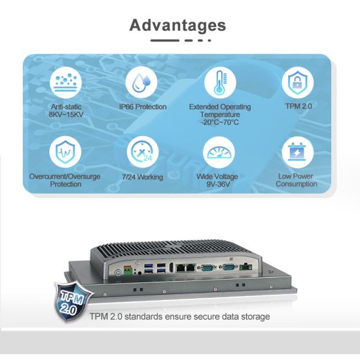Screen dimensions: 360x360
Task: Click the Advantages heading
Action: [178, 25]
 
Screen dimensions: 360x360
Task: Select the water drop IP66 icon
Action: [142, 83]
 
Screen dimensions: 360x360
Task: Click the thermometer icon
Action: [220, 83]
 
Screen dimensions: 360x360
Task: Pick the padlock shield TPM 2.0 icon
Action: [297, 83]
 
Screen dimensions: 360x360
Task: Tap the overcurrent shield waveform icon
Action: [64, 152]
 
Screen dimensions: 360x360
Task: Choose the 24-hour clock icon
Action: [142, 152]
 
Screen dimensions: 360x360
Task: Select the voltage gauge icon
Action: [220, 152]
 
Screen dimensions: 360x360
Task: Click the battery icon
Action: [297, 152]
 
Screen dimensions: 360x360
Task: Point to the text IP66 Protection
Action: [142, 107]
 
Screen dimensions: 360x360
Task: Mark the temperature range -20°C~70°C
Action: [220, 122]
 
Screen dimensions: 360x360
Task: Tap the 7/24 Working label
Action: [142, 177]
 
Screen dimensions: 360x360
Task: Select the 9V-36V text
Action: [220, 184]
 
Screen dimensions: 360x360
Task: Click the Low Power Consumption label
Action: [296, 180]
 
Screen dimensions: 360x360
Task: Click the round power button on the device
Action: [118, 272]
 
